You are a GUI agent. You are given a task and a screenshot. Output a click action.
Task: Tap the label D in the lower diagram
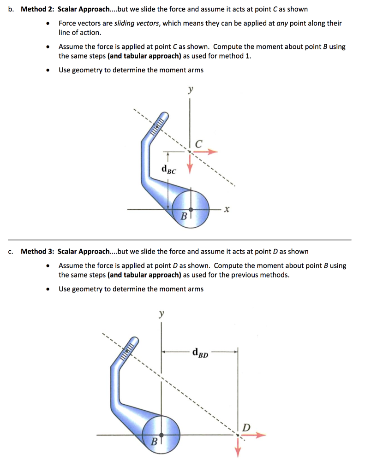(x=246, y=427)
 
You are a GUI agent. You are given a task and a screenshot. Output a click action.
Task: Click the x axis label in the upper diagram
(x=226, y=210)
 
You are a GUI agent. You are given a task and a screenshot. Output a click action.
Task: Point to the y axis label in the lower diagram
(x=161, y=314)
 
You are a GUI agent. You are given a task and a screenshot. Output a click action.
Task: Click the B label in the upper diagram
(x=184, y=215)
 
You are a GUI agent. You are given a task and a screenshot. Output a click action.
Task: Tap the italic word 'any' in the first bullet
(x=283, y=23)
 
